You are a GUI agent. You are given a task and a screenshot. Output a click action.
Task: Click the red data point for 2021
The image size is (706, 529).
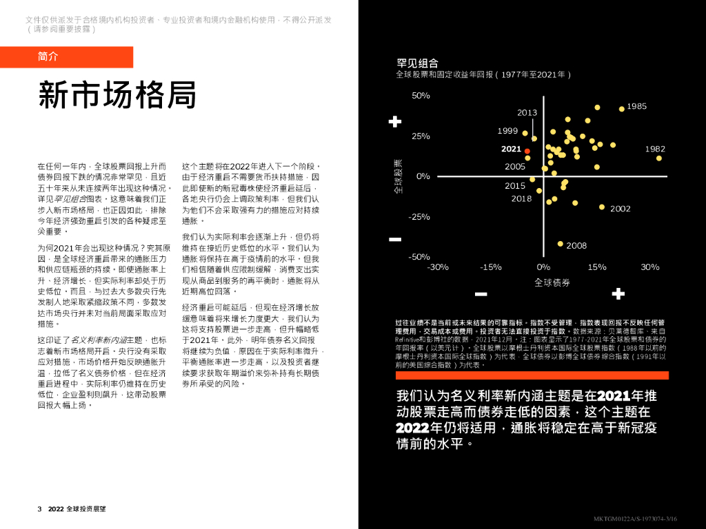pyautogui.click(x=527, y=151)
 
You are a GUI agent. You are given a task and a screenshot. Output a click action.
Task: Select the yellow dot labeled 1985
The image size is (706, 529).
pyautogui.click(x=621, y=109)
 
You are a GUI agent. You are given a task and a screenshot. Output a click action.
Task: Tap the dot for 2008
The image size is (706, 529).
pyautogui.click(x=561, y=244)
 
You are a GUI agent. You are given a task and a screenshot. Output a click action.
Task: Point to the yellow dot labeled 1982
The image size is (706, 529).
pyautogui.click(x=659, y=158)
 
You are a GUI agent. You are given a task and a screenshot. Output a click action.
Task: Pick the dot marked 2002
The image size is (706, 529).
pyautogui.click(x=602, y=207)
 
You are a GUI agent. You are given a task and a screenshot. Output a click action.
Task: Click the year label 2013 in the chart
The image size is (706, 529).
pyautogui.click(x=527, y=113)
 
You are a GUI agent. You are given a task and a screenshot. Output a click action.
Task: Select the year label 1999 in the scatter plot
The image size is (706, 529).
pyautogui.click(x=507, y=131)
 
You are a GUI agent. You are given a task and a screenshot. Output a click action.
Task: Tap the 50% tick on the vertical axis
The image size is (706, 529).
pyautogui.click(x=421, y=95)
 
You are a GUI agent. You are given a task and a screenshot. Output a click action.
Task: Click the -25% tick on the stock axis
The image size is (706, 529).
pyautogui.click(x=419, y=216)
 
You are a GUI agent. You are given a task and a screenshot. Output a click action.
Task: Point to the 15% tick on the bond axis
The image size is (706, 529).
pyautogui.click(x=597, y=267)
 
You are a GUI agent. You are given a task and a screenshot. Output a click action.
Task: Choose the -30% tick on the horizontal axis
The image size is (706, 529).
pyautogui.click(x=438, y=267)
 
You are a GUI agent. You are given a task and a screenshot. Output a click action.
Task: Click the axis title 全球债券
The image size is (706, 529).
pyautogui.click(x=552, y=282)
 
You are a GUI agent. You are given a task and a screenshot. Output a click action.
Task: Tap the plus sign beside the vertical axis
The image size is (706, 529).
pyautogui.click(x=395, y=122)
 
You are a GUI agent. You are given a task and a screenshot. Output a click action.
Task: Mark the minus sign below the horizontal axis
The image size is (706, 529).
pyautogui.click(x=481, y=294)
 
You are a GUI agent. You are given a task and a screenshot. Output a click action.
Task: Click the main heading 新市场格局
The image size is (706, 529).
pyautogui.click(x=117, y=94)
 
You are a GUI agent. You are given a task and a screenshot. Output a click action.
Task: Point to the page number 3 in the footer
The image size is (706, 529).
pyautogui.click(x=40, y=509)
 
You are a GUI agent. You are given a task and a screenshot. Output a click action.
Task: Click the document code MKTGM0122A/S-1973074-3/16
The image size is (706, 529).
pyautogui.click(x=635, y=519)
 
